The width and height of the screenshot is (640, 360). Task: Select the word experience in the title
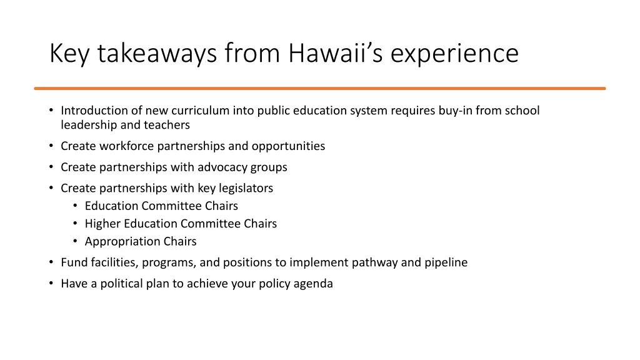[x=454, y=53]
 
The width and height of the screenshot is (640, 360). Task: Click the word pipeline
[x=446, y=262]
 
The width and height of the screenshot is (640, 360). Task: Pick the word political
[x=115, y=283]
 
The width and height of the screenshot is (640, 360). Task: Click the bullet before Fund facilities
[x=51, y=262]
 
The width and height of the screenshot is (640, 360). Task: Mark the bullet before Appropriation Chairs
[x=75, y=241]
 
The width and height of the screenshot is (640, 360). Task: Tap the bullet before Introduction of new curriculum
[x=51, y=111]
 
